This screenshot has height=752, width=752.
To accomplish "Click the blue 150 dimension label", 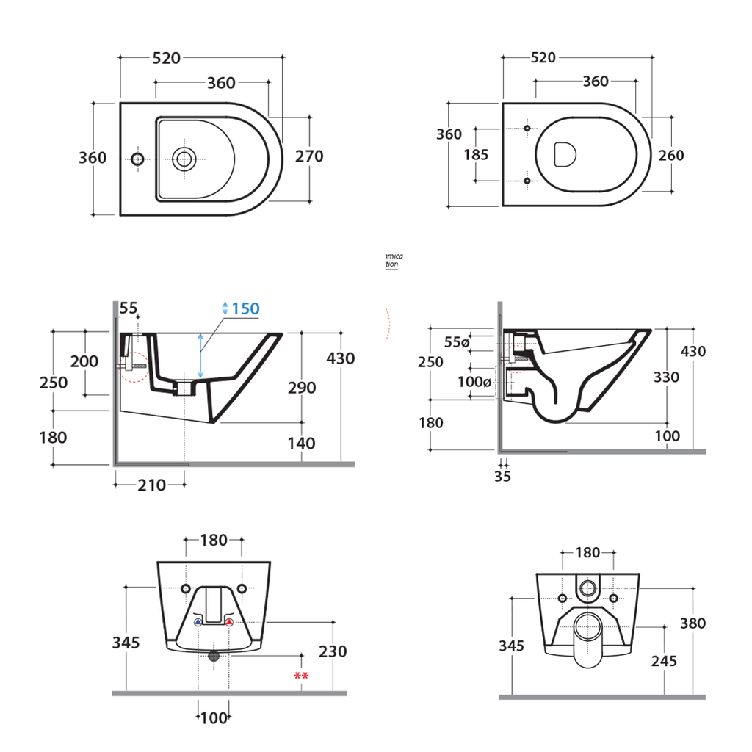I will (245, 308).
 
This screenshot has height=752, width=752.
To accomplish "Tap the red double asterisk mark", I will (300, 676).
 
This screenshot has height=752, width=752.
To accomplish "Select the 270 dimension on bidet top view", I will (309, 156).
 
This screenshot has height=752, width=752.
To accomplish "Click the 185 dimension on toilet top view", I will (476, 155).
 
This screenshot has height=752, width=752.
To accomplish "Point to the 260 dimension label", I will (670, 156).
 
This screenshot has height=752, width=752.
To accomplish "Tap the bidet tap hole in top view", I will (136, 158).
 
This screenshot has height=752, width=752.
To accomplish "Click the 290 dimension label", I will (301, 388).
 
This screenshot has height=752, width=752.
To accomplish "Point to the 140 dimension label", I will (301, 443).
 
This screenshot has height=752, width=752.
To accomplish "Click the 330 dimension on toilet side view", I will (666, 377).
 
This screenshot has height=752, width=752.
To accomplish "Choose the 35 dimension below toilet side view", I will (502, 477).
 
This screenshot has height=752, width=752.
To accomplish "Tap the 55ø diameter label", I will (456, 342).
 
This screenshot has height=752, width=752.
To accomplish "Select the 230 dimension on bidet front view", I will (333, 651).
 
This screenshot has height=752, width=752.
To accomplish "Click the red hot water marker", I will (229, 623).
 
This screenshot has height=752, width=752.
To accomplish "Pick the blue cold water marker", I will (198, 623).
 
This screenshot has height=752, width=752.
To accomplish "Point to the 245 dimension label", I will (664, 661).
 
